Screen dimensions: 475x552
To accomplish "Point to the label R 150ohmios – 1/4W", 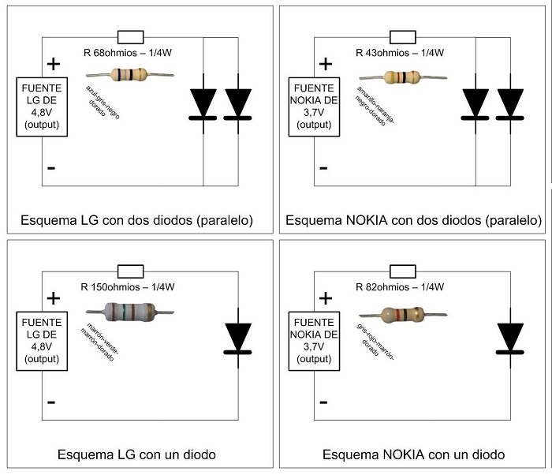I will pyautogui.click(x=129, y=286).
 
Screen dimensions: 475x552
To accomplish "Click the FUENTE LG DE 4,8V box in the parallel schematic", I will pyautogui.click(x=42, y=106).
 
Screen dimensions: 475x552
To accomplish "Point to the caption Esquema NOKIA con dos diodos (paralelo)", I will pyautogui.click(x=413, y=219).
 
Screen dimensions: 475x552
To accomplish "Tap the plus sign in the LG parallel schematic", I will pyautogui.click(x=53, y=65).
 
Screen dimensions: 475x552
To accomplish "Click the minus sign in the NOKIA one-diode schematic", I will pyautogui.click(x=323, y=401).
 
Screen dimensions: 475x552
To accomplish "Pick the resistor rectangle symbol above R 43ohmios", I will pyautogui.click(x=402, y=36).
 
